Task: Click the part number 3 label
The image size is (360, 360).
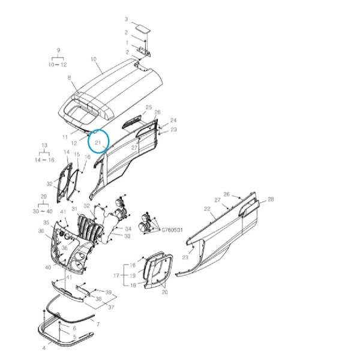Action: pos(126,19)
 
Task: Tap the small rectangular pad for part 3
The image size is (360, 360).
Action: pos(142,28)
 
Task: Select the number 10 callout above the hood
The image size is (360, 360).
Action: pos(94,59)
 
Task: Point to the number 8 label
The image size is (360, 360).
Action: pos(70,78)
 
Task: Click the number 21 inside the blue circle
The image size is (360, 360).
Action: pos(98,143)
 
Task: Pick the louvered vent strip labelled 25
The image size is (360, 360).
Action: pos(132,121)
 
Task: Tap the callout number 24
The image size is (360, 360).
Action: pos(173,121)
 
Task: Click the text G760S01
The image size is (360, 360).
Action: pos(172,230)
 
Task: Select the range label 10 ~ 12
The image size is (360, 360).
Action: pos(58,65)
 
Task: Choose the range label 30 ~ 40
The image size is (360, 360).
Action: pos(43,211)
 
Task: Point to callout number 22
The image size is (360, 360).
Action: pos(207,209)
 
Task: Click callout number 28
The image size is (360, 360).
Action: pos(271,199)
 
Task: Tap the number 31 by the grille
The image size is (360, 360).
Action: pos(74,209)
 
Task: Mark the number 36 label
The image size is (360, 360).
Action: pos(65,248)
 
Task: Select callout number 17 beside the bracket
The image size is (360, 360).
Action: pos(116,275)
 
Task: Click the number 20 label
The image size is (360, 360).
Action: pos(164,292)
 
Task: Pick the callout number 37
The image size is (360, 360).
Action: pos(111,307)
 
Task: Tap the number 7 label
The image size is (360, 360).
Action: pos(98,324)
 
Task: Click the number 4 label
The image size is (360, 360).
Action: pos(44,348)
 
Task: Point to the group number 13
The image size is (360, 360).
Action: pos(44,145)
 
